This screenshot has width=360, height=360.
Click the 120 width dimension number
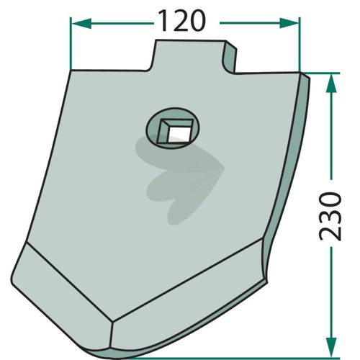click(x=182, y=21)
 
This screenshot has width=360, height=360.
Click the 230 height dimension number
click(x=330, y=216)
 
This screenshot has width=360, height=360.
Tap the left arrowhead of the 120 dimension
click(x=81, y=24)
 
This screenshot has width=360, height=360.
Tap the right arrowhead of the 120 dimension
click(x=289, y=23)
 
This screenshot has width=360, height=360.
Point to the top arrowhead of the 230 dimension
click(x=331, y=83)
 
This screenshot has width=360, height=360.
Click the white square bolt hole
click(x=177, y=134)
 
